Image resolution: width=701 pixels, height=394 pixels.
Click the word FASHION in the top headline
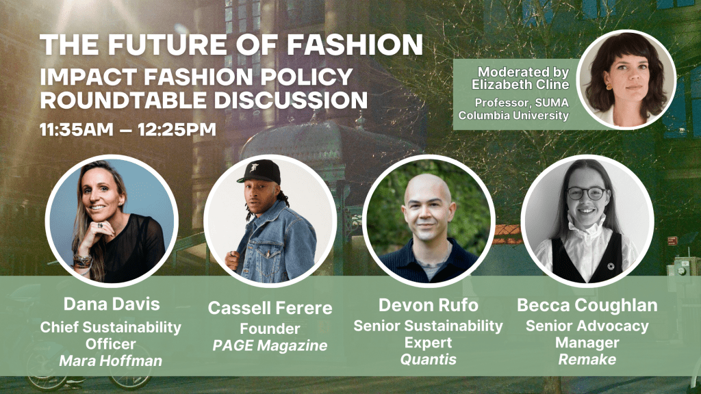point(355,44)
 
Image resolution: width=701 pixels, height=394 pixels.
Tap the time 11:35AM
point(77,129)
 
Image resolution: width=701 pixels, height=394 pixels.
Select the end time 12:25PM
point(177,129)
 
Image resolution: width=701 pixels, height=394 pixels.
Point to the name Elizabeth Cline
point(520,84)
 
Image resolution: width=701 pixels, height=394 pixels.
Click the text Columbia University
point(513,115)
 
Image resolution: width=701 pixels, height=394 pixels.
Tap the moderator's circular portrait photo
point(626,79)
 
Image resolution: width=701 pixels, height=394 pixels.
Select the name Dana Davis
point(112,304)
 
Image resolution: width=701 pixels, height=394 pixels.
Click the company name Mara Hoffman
point(111,360)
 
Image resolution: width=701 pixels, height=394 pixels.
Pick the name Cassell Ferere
point(270,308)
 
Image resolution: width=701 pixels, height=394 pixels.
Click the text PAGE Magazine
point(270,345)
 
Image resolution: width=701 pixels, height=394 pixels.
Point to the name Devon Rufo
point(429,305)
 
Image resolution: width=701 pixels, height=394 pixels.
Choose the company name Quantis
point(429,359)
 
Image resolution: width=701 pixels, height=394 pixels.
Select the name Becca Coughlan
point(587,305)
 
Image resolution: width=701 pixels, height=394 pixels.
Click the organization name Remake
point(587,359)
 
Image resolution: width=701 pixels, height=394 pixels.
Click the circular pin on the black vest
point(611,267)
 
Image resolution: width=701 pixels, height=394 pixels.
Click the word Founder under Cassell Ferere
point(270,329)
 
